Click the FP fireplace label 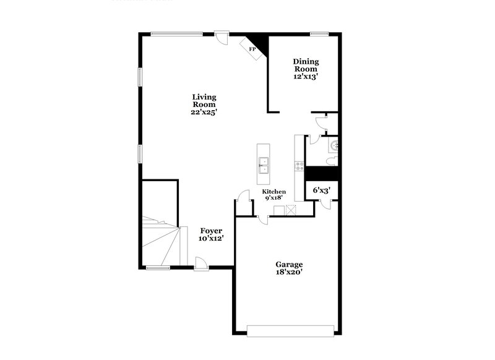252,48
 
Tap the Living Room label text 204,101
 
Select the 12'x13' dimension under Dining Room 306,77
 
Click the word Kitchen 274,192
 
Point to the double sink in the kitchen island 263,163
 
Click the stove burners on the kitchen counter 299,165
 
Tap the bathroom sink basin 335,146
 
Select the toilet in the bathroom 332,161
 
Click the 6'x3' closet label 321,191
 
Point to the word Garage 288,264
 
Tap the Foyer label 210,231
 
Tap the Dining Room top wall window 319,33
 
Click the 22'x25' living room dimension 204,113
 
